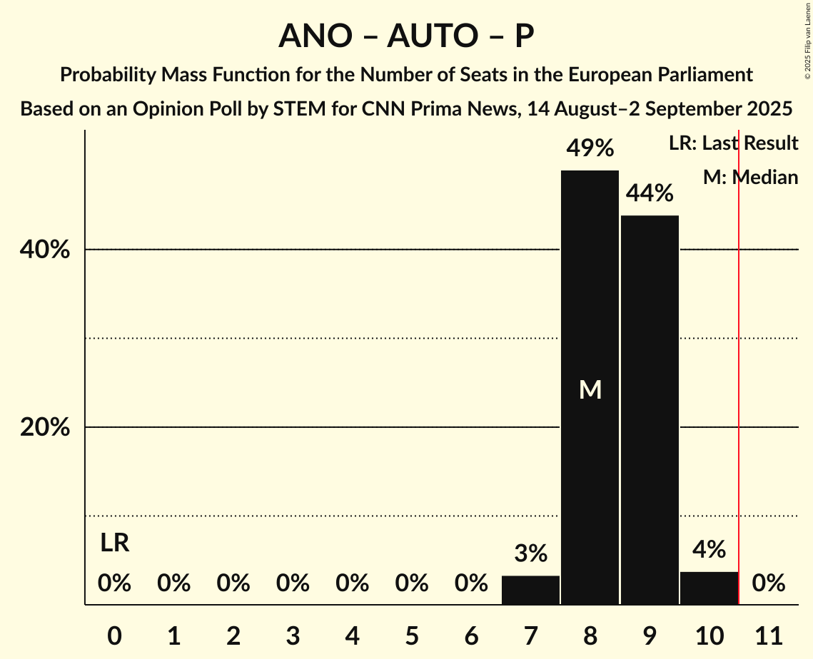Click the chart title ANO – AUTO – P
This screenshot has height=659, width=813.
pyautogui.click(x=406, y=36)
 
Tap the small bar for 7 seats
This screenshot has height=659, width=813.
pyautogui.click(x=530, y=590)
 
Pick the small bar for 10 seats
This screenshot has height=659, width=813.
pyautogui.click(x=709, y=588)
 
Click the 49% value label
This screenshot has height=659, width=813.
pyautogui.click(x=590, y=148)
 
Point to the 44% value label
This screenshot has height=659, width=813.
pyautogui.click(x=650, y=193)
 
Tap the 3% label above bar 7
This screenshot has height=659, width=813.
pyautogui.click(x=530, y=553)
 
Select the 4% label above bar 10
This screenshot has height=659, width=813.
pyautogui.click(x=709, y=550)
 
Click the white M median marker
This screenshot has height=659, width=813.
pyautogui.click(x=590, y=389)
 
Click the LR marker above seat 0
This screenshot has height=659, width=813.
pyautogui.click(x=114, y=543)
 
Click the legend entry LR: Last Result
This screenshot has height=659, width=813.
pyautogui.click(x=733, y=143)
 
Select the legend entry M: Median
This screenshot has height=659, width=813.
pyautogui.click(x=750, y=177)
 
